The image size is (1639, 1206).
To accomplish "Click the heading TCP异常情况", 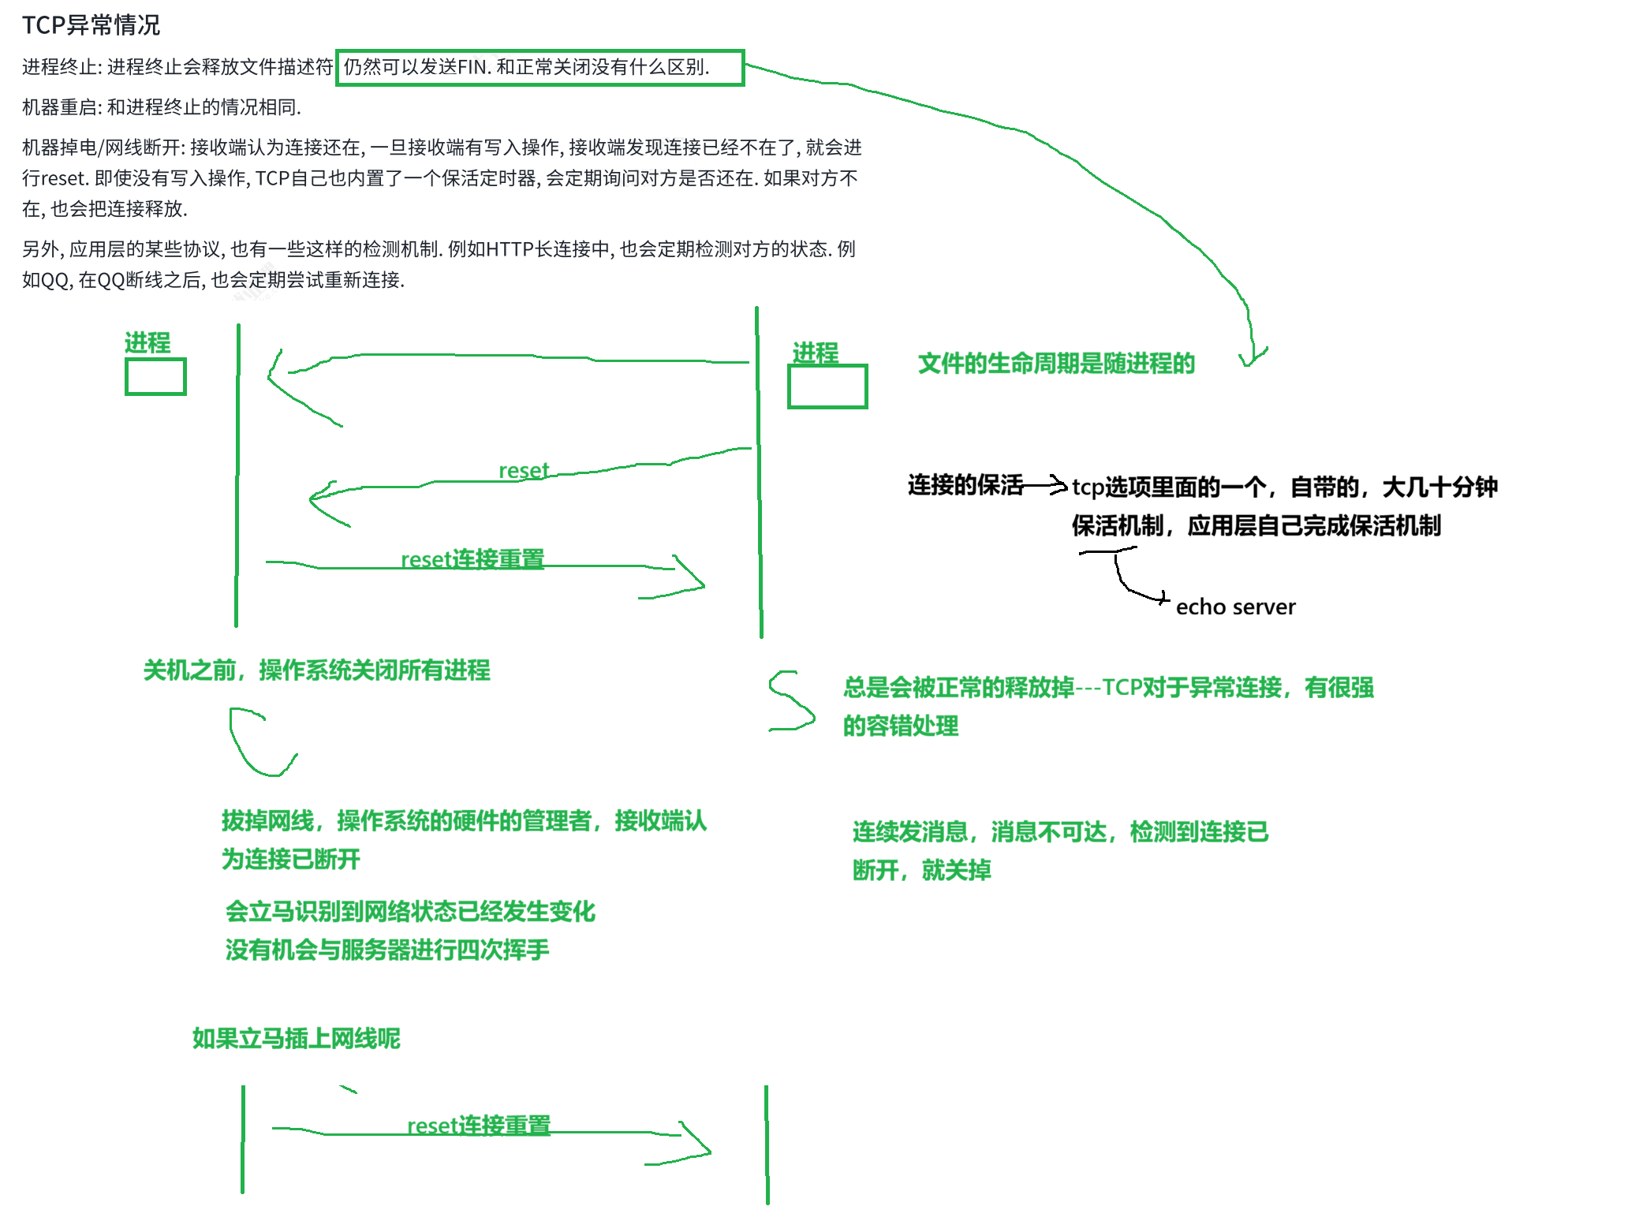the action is click(91, 25).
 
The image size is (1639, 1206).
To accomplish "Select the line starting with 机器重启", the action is click(162, 107).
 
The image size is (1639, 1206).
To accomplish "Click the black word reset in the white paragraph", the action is click(62, 178).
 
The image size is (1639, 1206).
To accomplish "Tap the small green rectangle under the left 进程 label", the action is click(155, 377).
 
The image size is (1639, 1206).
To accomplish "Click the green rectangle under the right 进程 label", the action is click(828, 386).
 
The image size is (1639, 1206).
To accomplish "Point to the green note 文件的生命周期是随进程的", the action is click(1057, 364).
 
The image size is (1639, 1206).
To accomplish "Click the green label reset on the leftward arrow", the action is click(524, 471).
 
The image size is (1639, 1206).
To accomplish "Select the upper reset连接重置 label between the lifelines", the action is click(472, 559).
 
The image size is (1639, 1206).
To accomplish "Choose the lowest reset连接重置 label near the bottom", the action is click(479, 1126).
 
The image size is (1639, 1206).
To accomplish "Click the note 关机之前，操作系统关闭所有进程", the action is click(316, 670).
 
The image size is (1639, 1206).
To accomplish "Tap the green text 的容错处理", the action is click(901, 726).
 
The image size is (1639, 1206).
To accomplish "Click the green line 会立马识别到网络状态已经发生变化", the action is click(410, 912).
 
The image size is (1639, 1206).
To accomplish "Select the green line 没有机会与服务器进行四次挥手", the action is click(387, 950).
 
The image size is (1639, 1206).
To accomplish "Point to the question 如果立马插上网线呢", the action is click(297, 1039).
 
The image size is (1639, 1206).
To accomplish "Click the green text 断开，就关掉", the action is click(921, 871).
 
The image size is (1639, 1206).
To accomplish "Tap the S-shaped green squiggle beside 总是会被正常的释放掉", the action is click(791, 700).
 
